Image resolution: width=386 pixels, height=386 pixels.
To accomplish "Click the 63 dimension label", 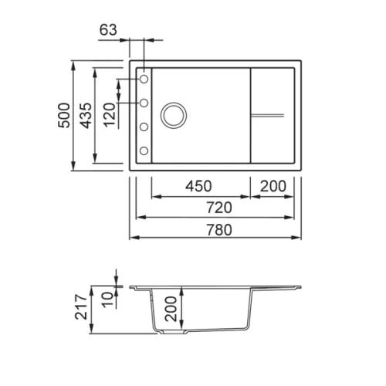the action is click(108, 29).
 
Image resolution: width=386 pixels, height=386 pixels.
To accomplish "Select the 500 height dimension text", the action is click(64, 115).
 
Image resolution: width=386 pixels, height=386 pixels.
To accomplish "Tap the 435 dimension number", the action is click(86, 116).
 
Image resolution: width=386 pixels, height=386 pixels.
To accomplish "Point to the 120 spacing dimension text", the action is click(110, 115).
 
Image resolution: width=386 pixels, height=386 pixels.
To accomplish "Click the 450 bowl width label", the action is click(198, 186).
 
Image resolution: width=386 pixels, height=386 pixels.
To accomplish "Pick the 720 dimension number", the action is click(219, 208).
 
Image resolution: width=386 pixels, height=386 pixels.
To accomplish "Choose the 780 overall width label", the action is click(219, 230).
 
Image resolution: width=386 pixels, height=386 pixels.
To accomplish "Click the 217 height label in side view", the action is click(81, 307).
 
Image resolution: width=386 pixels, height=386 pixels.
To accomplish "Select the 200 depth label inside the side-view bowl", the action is click(171, 309).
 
